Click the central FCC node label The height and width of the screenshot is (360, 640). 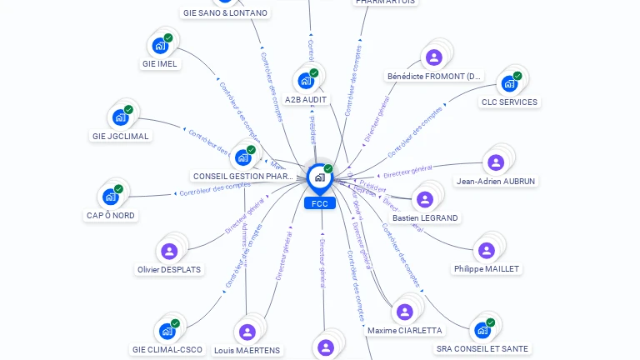coord(320,203)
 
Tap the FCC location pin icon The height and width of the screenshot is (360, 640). coord(320,177)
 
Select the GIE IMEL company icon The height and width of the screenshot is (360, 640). coord(160,45)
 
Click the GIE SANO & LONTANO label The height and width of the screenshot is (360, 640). coord(226,12)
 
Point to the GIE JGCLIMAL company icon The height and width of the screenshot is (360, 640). coord(121,117)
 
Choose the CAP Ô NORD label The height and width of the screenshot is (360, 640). coord(111,215)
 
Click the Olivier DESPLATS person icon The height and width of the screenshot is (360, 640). coord(169,251)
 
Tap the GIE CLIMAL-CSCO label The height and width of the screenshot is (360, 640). coord(167,349)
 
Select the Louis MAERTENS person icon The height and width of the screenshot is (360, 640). coord(247,332)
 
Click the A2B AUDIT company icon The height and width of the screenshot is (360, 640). coord(306,81)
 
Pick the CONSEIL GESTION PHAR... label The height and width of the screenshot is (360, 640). coord(242,176)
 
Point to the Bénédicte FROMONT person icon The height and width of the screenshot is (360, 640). coord(433,57)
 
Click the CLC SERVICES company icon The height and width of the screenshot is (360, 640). coord(508,83)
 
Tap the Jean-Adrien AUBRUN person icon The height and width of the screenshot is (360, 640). coord(496,162)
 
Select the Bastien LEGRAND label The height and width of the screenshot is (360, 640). coord(425,217)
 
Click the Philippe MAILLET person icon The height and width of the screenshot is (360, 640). coord(487,250)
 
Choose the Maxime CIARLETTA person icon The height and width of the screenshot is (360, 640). coord(405,312)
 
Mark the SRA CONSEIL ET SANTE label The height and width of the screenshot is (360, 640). coord(482,348)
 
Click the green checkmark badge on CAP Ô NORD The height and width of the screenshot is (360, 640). coord(118,189)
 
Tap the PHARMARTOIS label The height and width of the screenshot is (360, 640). coord(385,2)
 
